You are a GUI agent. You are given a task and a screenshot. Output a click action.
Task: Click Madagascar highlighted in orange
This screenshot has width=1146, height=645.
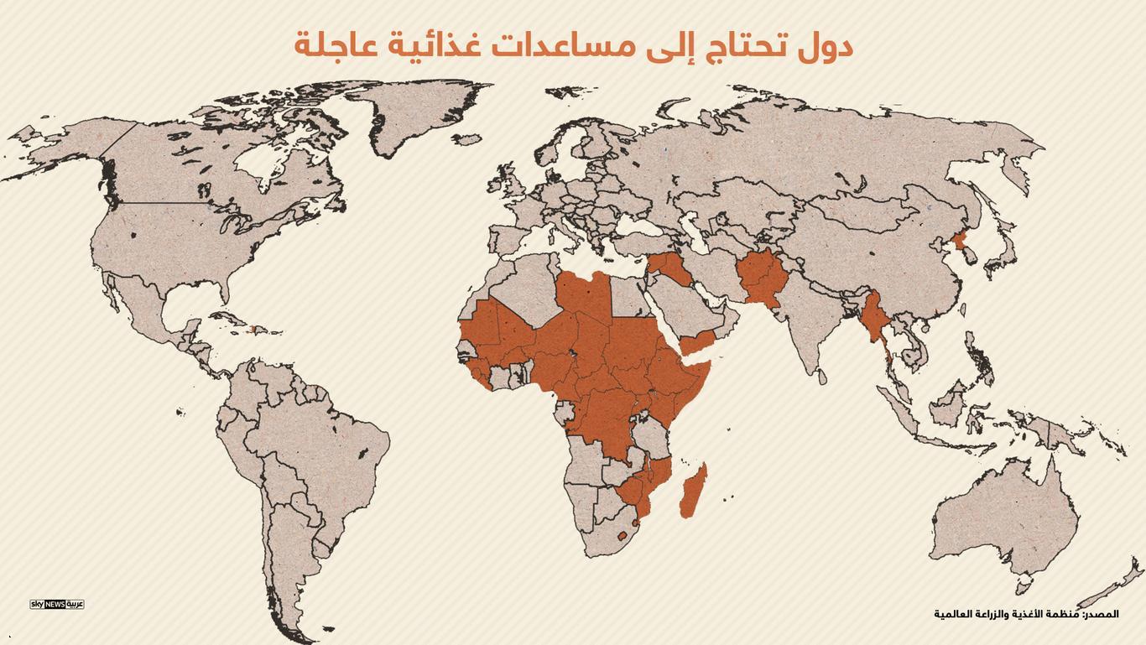(692, 492)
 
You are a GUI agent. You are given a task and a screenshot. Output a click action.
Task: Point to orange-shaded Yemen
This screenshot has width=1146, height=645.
(696, 341)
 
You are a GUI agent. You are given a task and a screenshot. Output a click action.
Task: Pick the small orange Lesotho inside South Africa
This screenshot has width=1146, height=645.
(622, 535)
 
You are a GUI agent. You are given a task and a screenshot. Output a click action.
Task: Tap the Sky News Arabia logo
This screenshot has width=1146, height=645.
(57, 604)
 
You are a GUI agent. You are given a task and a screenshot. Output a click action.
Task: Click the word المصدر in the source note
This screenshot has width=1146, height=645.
(1101, 614)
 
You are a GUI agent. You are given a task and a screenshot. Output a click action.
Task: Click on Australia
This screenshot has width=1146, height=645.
(1003, 516)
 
